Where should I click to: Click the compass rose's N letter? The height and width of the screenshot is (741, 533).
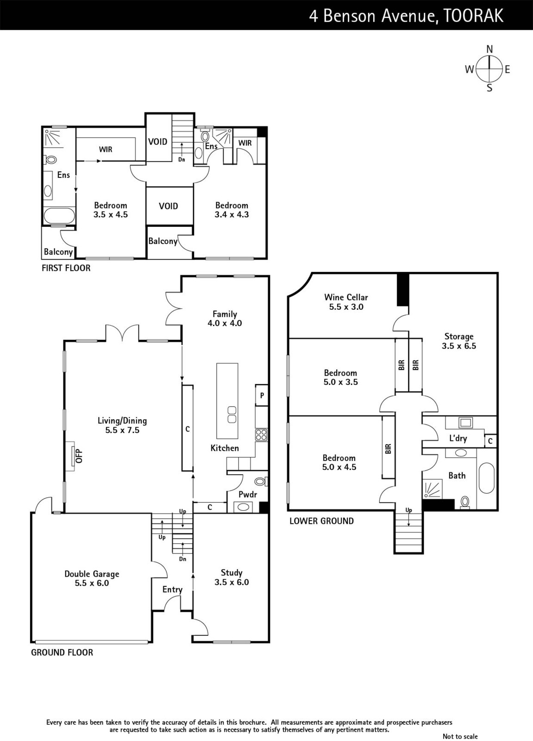pyautogui.click(x=489, y=49)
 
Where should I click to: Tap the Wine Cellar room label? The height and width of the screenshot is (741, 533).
pyautogui.click(x=346, y=297)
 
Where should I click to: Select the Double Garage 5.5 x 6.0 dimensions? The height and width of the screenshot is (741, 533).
pyautogui.click(x=92, y=583)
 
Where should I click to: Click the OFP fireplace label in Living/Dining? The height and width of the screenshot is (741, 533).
pyautogui.click(x=79, y=456)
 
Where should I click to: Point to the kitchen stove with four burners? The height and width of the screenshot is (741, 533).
pyautogui.click(x=261, y=435)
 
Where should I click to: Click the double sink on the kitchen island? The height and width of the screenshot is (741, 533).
pyautogui.click(x=232, y=414)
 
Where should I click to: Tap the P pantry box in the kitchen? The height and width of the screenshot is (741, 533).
pyautogui.click(x=262, y=395)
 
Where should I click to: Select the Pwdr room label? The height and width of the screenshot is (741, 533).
pyautogui.click(x=248, y=495)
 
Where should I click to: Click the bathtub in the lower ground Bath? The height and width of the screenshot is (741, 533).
pyautogui.click(x=486, y=478)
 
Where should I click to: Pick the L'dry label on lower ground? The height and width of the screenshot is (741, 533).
pyautogui.click(x=458, y=438)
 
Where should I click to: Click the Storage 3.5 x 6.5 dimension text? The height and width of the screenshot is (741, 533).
pyautogui.click(x=459, y=346)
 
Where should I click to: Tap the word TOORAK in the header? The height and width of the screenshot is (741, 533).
pyautogui.click(x=474, y=16)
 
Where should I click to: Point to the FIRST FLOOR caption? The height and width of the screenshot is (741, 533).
pyautogui.click(x=66, y=268)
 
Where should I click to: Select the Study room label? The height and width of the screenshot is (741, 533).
pyautogui.click(x=232, y=572)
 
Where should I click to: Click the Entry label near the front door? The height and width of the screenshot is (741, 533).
pyautogui.click(x=172, y=590)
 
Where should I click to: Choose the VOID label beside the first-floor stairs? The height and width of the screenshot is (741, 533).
pyautogui.click(x=157, y=142)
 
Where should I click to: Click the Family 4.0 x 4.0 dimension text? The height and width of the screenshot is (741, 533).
pyautogui.click(x=225, y=323)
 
